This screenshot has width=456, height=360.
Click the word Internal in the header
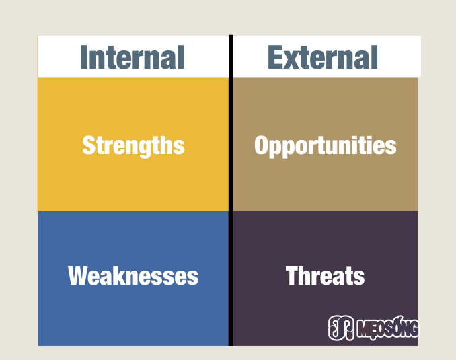[x=132, y=57]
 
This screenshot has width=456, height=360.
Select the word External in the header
[x=323, y=57]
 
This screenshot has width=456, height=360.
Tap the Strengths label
[x=133, y=146]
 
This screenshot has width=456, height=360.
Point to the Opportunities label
[x=325, y=146]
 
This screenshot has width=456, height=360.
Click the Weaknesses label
[x=133, y=275]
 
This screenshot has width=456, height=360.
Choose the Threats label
[x=325, y=275]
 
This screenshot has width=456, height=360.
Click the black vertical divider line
[x=231, y=190]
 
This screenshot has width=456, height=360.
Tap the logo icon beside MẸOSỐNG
[x=341, y=328]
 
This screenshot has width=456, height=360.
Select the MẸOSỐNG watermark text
[x=389, y=328]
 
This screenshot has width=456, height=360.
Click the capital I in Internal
[x=84, y=57]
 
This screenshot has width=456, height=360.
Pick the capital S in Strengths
[x=88, y=145]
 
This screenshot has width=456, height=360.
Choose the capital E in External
[x=275, y=57]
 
